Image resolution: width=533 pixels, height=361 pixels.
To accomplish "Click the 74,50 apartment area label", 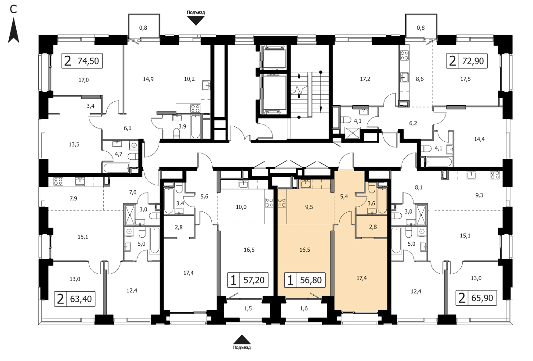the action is (88, 61).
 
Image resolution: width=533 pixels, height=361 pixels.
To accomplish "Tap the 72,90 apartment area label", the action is (473, 61).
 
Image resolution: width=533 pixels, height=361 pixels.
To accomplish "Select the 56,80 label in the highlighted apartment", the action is (311, 280).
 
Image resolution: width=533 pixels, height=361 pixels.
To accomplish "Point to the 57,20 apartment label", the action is (254, 280).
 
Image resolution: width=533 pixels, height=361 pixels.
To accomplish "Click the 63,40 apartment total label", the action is (81, 299).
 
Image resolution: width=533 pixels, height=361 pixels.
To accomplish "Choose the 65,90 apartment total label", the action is (482, 298).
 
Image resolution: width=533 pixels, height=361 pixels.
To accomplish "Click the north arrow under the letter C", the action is (14, 30).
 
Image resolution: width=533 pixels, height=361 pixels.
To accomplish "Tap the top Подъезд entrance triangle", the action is (196, 21).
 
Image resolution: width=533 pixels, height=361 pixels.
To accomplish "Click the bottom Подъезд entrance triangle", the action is (242, 340).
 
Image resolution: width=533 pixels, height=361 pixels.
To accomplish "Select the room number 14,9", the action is (148, 79).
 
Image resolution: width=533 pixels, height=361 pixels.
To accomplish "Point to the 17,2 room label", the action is (365, 79).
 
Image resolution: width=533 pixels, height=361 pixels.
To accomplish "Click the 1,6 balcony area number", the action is (304, 308).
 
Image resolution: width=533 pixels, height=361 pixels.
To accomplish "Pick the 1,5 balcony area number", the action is (248, 308).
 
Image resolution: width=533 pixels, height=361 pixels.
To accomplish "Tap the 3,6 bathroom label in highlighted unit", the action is (371, 204).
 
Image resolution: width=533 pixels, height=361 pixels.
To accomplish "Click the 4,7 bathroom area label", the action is (119, 154).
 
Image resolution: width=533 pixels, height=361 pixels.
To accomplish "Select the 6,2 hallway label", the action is (413, 123).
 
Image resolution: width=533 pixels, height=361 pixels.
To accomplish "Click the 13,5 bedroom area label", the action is (74, 144).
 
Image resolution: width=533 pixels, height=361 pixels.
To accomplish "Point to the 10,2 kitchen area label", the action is (189, 79).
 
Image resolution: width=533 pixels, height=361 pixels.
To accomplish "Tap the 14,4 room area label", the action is (479, 139).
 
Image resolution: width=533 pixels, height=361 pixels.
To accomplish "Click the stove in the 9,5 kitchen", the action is (282, 203).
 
